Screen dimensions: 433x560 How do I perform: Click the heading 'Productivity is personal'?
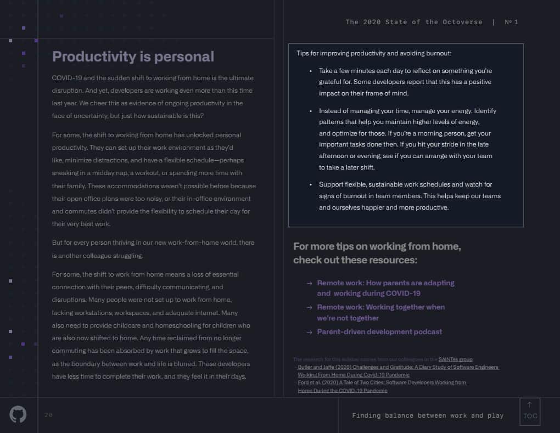point(133,57)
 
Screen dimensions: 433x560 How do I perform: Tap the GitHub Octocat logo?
point(18,414)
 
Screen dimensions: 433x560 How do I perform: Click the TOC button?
point(530,412)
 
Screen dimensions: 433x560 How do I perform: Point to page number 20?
point(48,415)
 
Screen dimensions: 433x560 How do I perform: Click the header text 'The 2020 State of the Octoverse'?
point(413,22)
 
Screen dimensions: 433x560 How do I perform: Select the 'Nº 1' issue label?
point(511,22)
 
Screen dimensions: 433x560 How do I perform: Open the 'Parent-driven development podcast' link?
point(379,331)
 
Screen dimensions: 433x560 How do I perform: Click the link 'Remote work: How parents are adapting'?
point(385,283)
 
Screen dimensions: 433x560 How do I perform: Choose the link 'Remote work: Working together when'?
point(380,307)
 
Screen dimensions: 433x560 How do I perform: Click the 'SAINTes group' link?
point(455,359)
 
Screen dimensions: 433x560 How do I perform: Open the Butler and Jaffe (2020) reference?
point(398,367)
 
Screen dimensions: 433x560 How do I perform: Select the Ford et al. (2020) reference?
point(382,383)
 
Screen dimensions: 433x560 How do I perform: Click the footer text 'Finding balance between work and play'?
point(428,415)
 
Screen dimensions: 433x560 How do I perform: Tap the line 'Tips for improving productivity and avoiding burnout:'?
point(374,53)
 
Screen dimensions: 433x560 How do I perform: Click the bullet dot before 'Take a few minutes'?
point(311,71)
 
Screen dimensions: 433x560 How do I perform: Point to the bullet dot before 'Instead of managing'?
point(311,111)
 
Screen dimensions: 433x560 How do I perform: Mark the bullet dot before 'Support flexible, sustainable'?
point(311,184)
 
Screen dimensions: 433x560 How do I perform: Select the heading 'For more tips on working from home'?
point(377,246)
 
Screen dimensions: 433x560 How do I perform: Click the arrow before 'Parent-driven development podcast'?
point(309,332)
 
